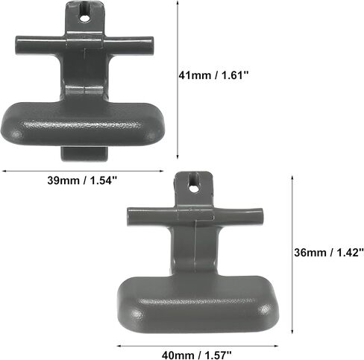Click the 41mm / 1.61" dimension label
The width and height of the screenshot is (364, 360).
213,75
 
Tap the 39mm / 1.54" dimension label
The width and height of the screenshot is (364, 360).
82,180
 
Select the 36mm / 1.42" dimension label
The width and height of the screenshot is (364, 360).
329,253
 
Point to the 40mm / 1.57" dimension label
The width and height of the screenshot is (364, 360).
197,355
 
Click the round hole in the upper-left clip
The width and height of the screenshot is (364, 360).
86,18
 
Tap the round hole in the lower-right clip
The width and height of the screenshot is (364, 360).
193,188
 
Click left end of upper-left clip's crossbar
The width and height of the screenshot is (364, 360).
16,45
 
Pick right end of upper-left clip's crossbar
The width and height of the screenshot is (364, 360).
151,45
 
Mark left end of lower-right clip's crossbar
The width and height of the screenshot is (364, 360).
128,216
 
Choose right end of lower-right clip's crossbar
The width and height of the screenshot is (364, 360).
262,217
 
